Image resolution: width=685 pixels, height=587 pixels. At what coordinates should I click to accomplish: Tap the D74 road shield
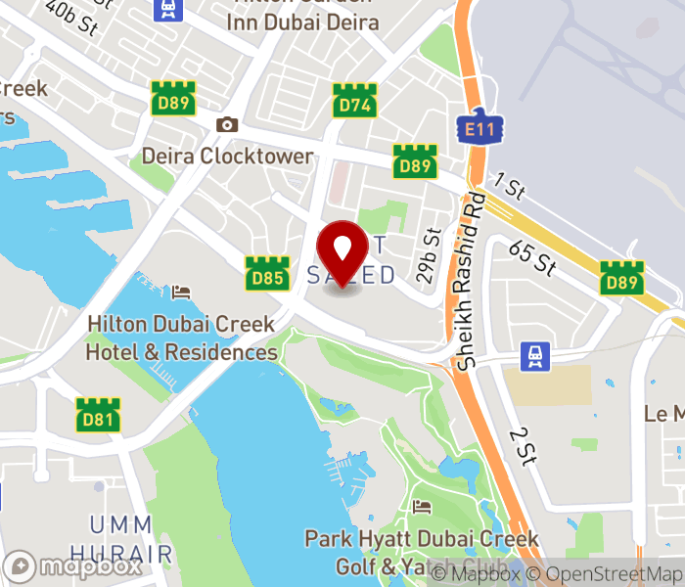[x=353, y=101]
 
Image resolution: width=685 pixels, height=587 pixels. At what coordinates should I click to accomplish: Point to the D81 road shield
[x=99, y=415]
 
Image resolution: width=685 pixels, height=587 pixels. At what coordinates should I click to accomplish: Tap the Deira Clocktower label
[x=228, y=157]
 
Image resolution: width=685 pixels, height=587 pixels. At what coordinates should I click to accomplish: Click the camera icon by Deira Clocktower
[x=227, y=124]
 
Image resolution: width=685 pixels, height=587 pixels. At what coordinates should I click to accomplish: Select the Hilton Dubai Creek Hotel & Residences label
[x=182, y=338]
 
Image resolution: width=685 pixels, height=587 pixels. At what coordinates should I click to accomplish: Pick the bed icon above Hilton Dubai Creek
[x=181, y=293]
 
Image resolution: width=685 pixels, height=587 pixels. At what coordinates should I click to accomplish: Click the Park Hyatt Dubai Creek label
[x=422, y=539]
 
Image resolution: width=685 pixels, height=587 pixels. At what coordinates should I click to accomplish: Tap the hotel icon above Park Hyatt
[x=422, y=507]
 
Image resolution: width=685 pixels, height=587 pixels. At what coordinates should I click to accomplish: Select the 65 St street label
[x=532, y=258]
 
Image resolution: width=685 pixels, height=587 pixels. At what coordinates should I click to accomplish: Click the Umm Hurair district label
[x=132, y=538]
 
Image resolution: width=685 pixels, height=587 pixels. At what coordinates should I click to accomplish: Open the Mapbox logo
[x=74, y=566]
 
